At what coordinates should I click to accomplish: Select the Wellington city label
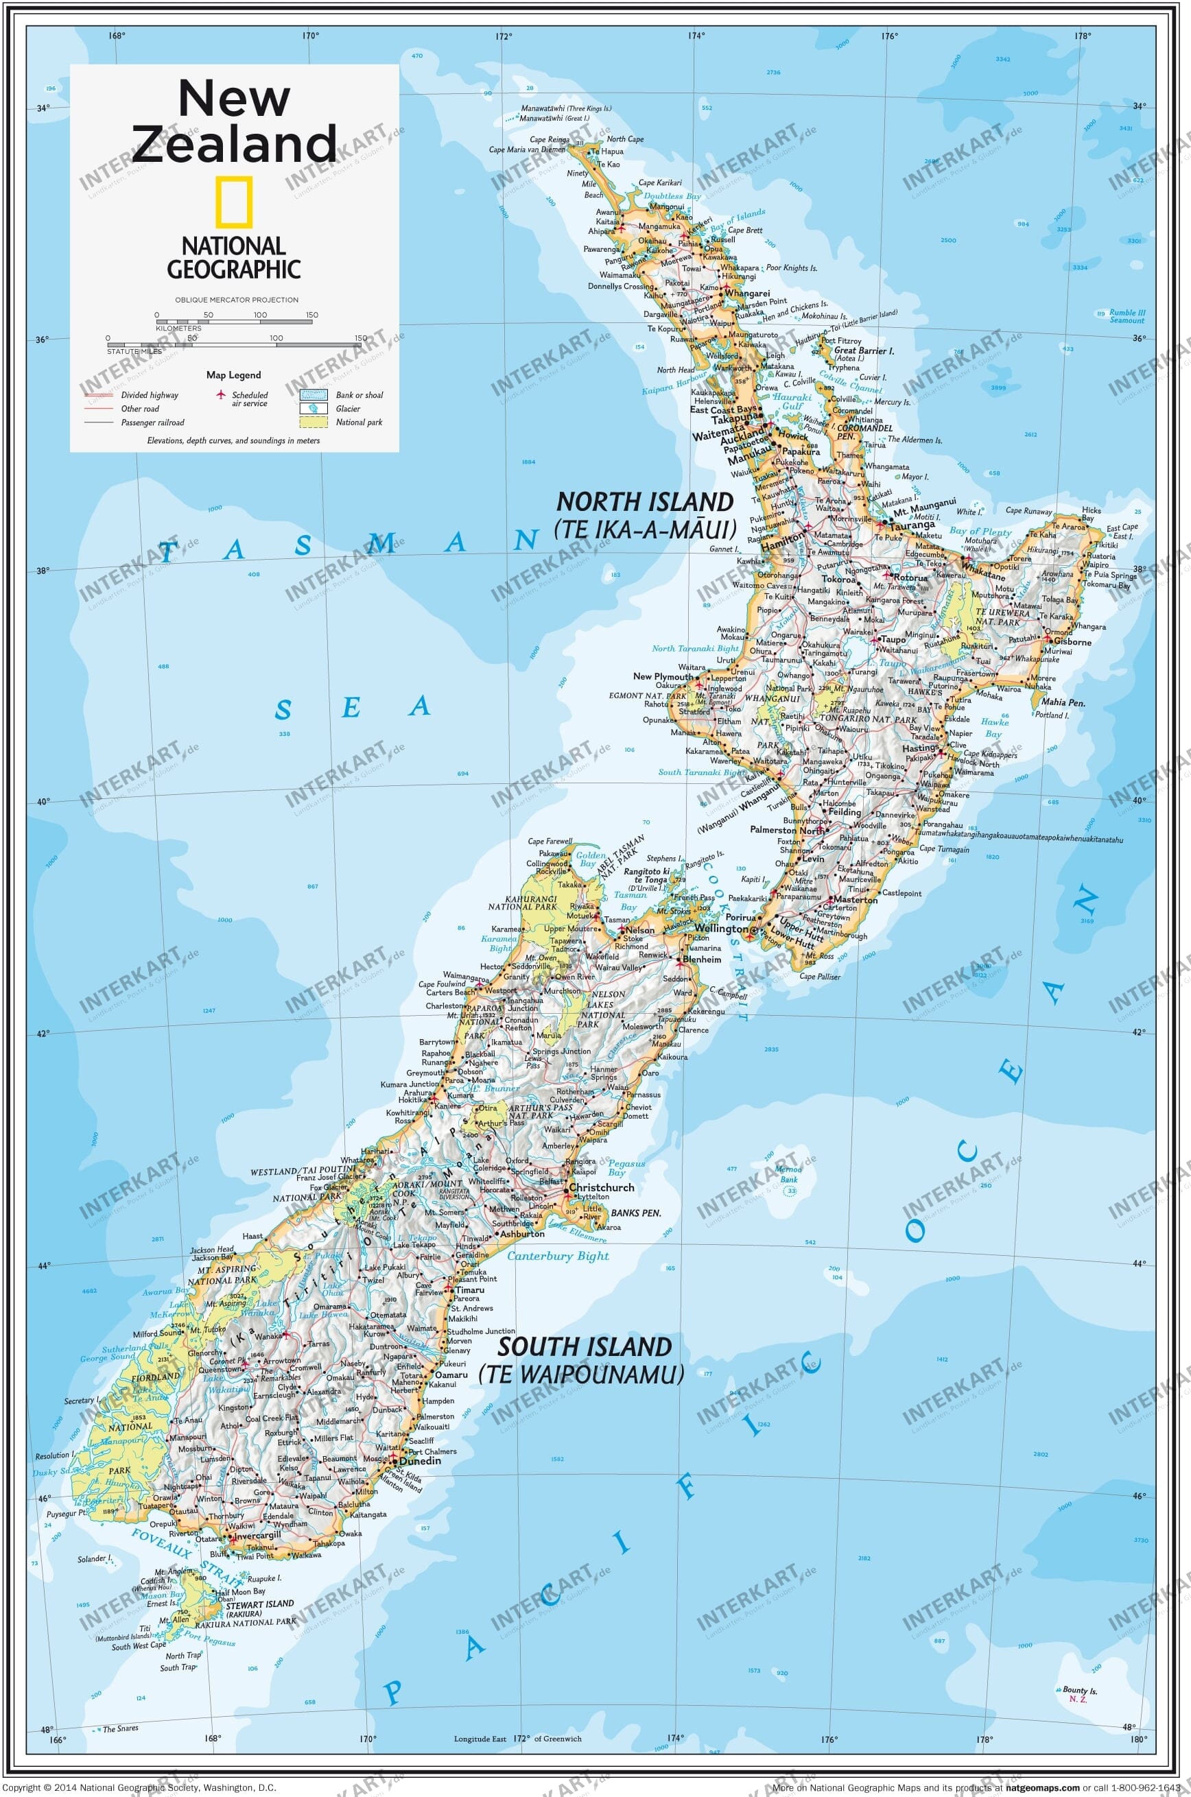pos(721,928)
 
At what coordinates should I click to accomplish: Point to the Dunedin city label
pos(419,1460)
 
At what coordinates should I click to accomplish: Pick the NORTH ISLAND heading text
pos(645,502)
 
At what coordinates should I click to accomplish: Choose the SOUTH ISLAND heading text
pos(584,1347)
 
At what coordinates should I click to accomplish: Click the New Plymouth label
pos(663,676)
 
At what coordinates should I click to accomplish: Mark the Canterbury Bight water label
pos(558,1256)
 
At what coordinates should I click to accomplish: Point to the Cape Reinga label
pos(548,140)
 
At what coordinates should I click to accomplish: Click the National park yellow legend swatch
pos(314,422)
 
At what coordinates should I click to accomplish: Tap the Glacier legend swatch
pos(314,409)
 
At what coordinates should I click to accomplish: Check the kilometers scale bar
pos(234,321)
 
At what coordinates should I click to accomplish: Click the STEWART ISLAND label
pos(259,1604)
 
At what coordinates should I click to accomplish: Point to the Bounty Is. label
pos(1079,1690)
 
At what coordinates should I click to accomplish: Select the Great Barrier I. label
pos(864,350)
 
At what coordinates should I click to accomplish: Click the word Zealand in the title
pos(234,143)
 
